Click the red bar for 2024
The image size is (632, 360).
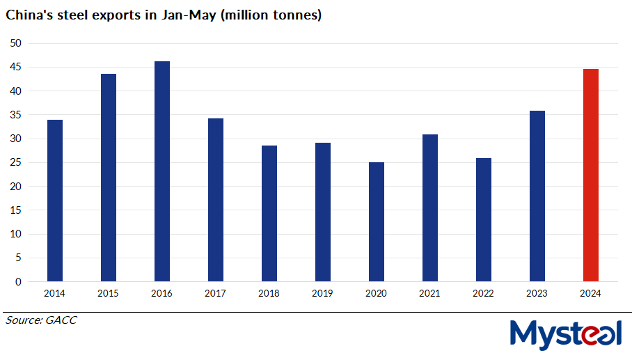(590, 175)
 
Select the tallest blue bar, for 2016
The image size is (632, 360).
(161, 171)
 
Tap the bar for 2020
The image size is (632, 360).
(376, 222)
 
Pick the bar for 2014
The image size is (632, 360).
(54, 201)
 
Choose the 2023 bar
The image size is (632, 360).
(537, 196)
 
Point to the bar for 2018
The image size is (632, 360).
(269, 214)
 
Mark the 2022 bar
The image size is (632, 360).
(483, 220)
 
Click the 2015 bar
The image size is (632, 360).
(108, 178)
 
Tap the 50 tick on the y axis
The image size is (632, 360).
(16, 43)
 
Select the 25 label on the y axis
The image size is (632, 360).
(16, 162)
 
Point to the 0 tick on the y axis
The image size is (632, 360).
(19, 282)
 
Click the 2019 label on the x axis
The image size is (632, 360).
(322, 294)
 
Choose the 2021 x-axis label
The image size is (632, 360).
(429, 294)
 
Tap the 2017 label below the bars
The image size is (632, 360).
(215, 294)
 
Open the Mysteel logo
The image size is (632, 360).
(565, 334)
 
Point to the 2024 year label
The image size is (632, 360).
(590, 294)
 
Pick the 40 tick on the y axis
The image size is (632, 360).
(16, 91)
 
